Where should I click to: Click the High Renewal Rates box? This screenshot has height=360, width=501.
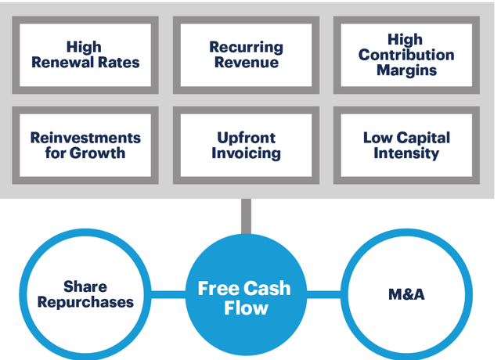tap(85, 55)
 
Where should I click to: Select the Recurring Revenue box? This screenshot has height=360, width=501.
tap(246, 55)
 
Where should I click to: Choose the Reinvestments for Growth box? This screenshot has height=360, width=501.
tap(85, 146)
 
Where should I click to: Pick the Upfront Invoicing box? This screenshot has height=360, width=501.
tap(246, 146)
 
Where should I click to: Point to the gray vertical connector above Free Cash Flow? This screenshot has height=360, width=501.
tap(246, 215)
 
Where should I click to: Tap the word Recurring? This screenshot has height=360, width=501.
tap(246, 48)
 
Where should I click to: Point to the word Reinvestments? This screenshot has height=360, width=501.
tap(85, 138)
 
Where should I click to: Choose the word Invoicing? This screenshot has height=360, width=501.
tap(246, 153)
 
